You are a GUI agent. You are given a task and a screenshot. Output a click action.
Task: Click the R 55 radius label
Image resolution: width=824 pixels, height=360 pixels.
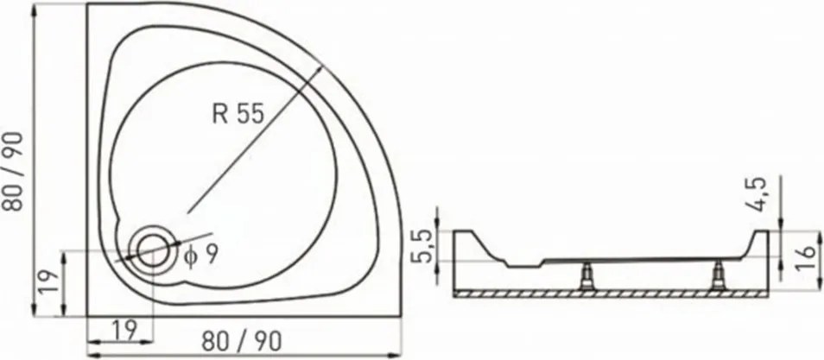[x=238, y=113]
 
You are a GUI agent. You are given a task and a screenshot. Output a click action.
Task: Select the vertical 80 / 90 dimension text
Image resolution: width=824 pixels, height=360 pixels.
[x=13, y=171]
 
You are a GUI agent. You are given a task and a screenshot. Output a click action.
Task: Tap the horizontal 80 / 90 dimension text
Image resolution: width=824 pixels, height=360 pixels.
[x=242, y=343]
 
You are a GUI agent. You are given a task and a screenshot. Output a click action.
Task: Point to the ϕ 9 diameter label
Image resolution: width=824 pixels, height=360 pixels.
[x=200, y=255]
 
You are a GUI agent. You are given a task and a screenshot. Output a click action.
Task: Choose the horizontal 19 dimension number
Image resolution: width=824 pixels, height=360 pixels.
[x=124, y=330]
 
